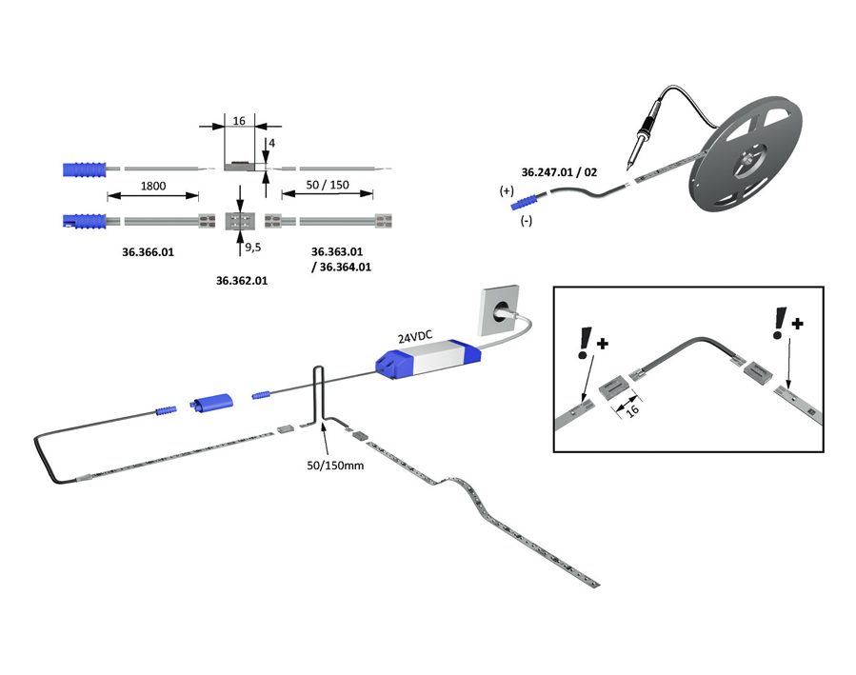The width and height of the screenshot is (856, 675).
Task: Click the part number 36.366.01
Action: [149, 253]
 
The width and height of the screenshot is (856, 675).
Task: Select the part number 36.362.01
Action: [242, 281]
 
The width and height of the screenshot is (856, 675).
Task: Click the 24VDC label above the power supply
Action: [416, 337]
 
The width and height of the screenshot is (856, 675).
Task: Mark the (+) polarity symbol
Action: [507, 191]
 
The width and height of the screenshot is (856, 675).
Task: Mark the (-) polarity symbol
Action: [526, 221]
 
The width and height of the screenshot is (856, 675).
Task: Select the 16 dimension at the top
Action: [239, 122]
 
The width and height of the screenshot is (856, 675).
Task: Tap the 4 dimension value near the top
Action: [271, 143]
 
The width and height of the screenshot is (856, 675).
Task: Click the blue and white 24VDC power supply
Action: [428, 362]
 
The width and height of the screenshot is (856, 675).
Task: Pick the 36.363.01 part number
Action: [338, 251]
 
